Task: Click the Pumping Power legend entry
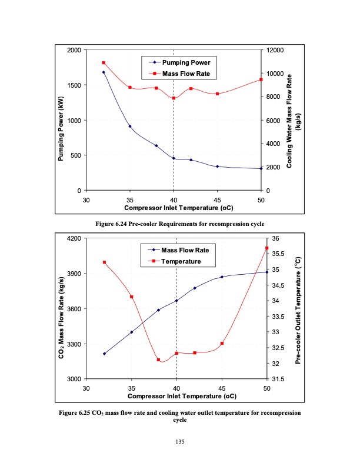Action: tap(182, 62)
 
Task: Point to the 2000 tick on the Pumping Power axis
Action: tap(74, 50)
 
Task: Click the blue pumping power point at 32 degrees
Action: tap(104, 72)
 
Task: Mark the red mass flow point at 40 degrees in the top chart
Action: tap(174, 98)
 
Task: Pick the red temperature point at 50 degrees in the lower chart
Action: tap(266, 248)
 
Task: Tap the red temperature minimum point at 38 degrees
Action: tap(158, 360)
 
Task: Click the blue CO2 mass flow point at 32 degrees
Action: tap(104, 354)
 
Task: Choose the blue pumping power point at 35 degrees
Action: tap(130, 127)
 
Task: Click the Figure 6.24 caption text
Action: tap(180, 224)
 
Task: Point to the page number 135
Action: tap(180, 441)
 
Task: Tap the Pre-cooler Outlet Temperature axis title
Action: tap(298, 309)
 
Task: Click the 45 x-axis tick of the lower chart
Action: tap(222, 389)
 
